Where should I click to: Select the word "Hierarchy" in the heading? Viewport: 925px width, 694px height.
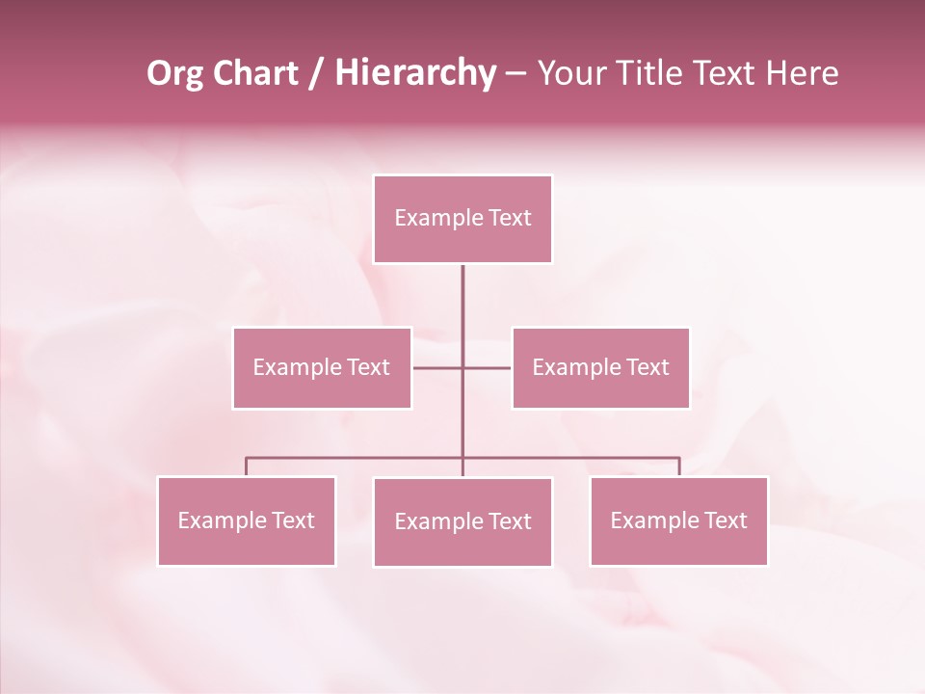(414, 73)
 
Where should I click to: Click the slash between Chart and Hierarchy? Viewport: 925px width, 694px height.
(316, 73)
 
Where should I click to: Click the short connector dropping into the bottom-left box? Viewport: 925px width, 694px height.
(246, 467)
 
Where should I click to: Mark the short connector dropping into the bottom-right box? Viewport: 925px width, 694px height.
(679, 467)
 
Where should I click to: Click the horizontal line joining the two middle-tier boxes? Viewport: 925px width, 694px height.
(438, 367)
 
